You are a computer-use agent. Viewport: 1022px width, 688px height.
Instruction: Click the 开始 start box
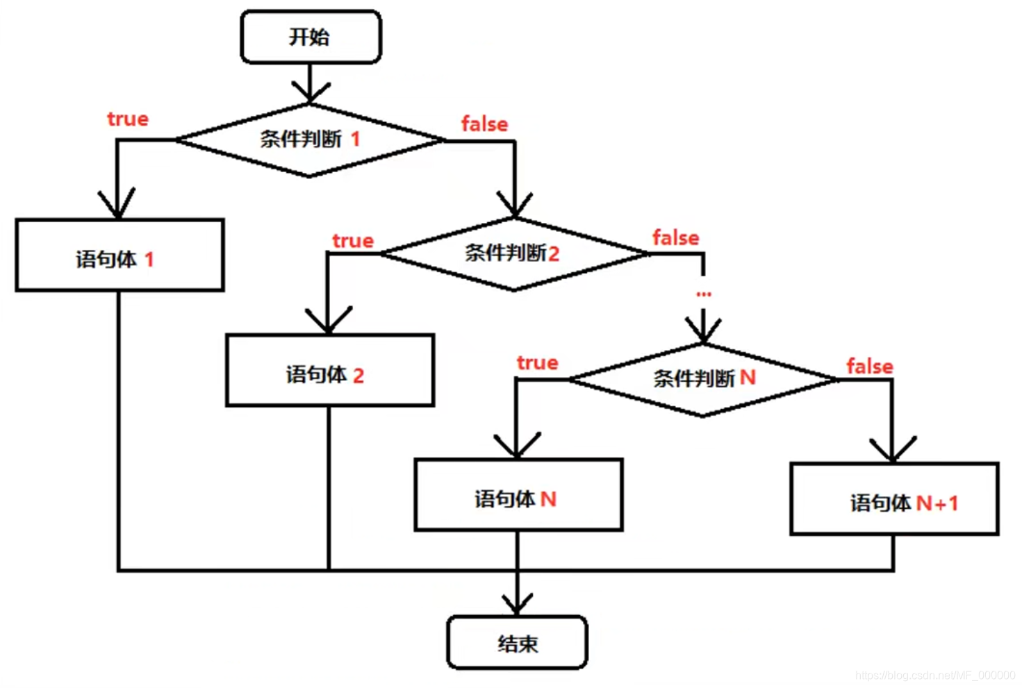coord(311,37)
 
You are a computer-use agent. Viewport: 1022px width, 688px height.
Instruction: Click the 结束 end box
coord(517,643)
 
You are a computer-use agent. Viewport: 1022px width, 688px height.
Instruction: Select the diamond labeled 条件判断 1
coord(309,140)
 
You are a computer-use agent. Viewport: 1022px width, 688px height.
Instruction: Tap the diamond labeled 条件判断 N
coord(703,379)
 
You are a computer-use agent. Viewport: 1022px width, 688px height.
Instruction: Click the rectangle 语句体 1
coord(119,255)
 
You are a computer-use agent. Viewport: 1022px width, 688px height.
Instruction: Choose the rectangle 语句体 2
coord(330,371)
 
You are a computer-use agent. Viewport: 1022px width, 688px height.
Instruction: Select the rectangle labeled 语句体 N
coord(518,495)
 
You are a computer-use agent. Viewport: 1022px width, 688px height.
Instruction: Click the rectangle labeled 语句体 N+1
coord(894,499)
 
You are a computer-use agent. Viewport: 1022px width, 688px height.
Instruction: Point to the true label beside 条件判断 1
coord(128,119)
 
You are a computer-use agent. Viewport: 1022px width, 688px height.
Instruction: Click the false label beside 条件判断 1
coord(484,124)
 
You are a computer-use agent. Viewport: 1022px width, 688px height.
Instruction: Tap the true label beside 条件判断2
coord(353,241)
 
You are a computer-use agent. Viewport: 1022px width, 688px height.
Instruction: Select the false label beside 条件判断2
coord(675,238)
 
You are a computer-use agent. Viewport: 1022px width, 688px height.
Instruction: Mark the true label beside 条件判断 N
coord(537,362)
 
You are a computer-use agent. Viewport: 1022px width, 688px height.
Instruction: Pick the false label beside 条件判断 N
coord(869,367)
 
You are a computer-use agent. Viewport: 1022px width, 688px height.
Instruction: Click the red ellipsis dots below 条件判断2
coord(704,294)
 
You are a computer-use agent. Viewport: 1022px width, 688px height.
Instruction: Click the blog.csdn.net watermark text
coord(935,675)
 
